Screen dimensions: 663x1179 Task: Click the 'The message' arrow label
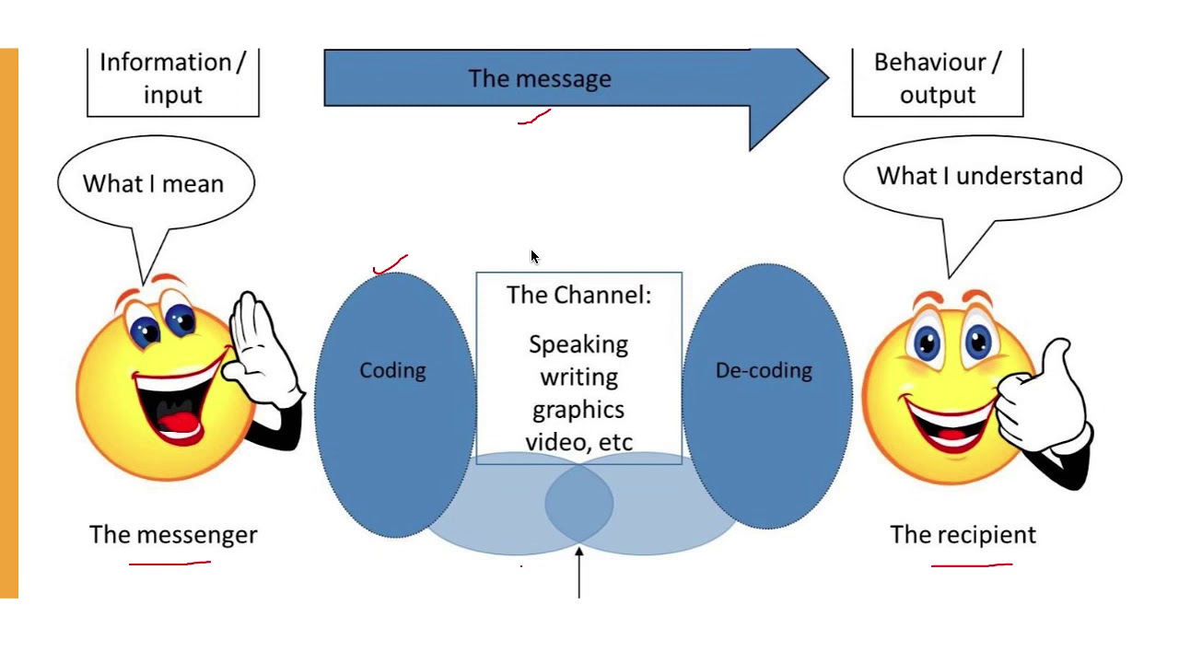[539, 79]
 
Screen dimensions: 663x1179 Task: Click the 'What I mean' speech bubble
[154, 183]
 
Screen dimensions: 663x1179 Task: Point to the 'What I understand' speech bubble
[979, 176]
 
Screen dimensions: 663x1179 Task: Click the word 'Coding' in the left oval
[392, 370]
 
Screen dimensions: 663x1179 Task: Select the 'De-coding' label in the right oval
[764, 370]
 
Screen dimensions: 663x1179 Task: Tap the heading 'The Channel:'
[578, 296]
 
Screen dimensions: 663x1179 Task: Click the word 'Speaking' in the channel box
[578, 344]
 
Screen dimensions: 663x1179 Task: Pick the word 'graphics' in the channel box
[578, 410]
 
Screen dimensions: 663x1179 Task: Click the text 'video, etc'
[578, 442]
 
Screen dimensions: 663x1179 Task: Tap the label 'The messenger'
[173, 535]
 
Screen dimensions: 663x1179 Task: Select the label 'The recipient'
[963, 535]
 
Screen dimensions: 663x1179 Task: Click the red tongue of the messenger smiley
[178, 424]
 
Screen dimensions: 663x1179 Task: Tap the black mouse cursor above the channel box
[535, 257]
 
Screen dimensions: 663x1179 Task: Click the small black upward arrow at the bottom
[579, 571]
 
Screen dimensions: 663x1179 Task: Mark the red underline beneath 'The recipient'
[972, 564]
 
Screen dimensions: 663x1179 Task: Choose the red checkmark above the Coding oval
[391, 265]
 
